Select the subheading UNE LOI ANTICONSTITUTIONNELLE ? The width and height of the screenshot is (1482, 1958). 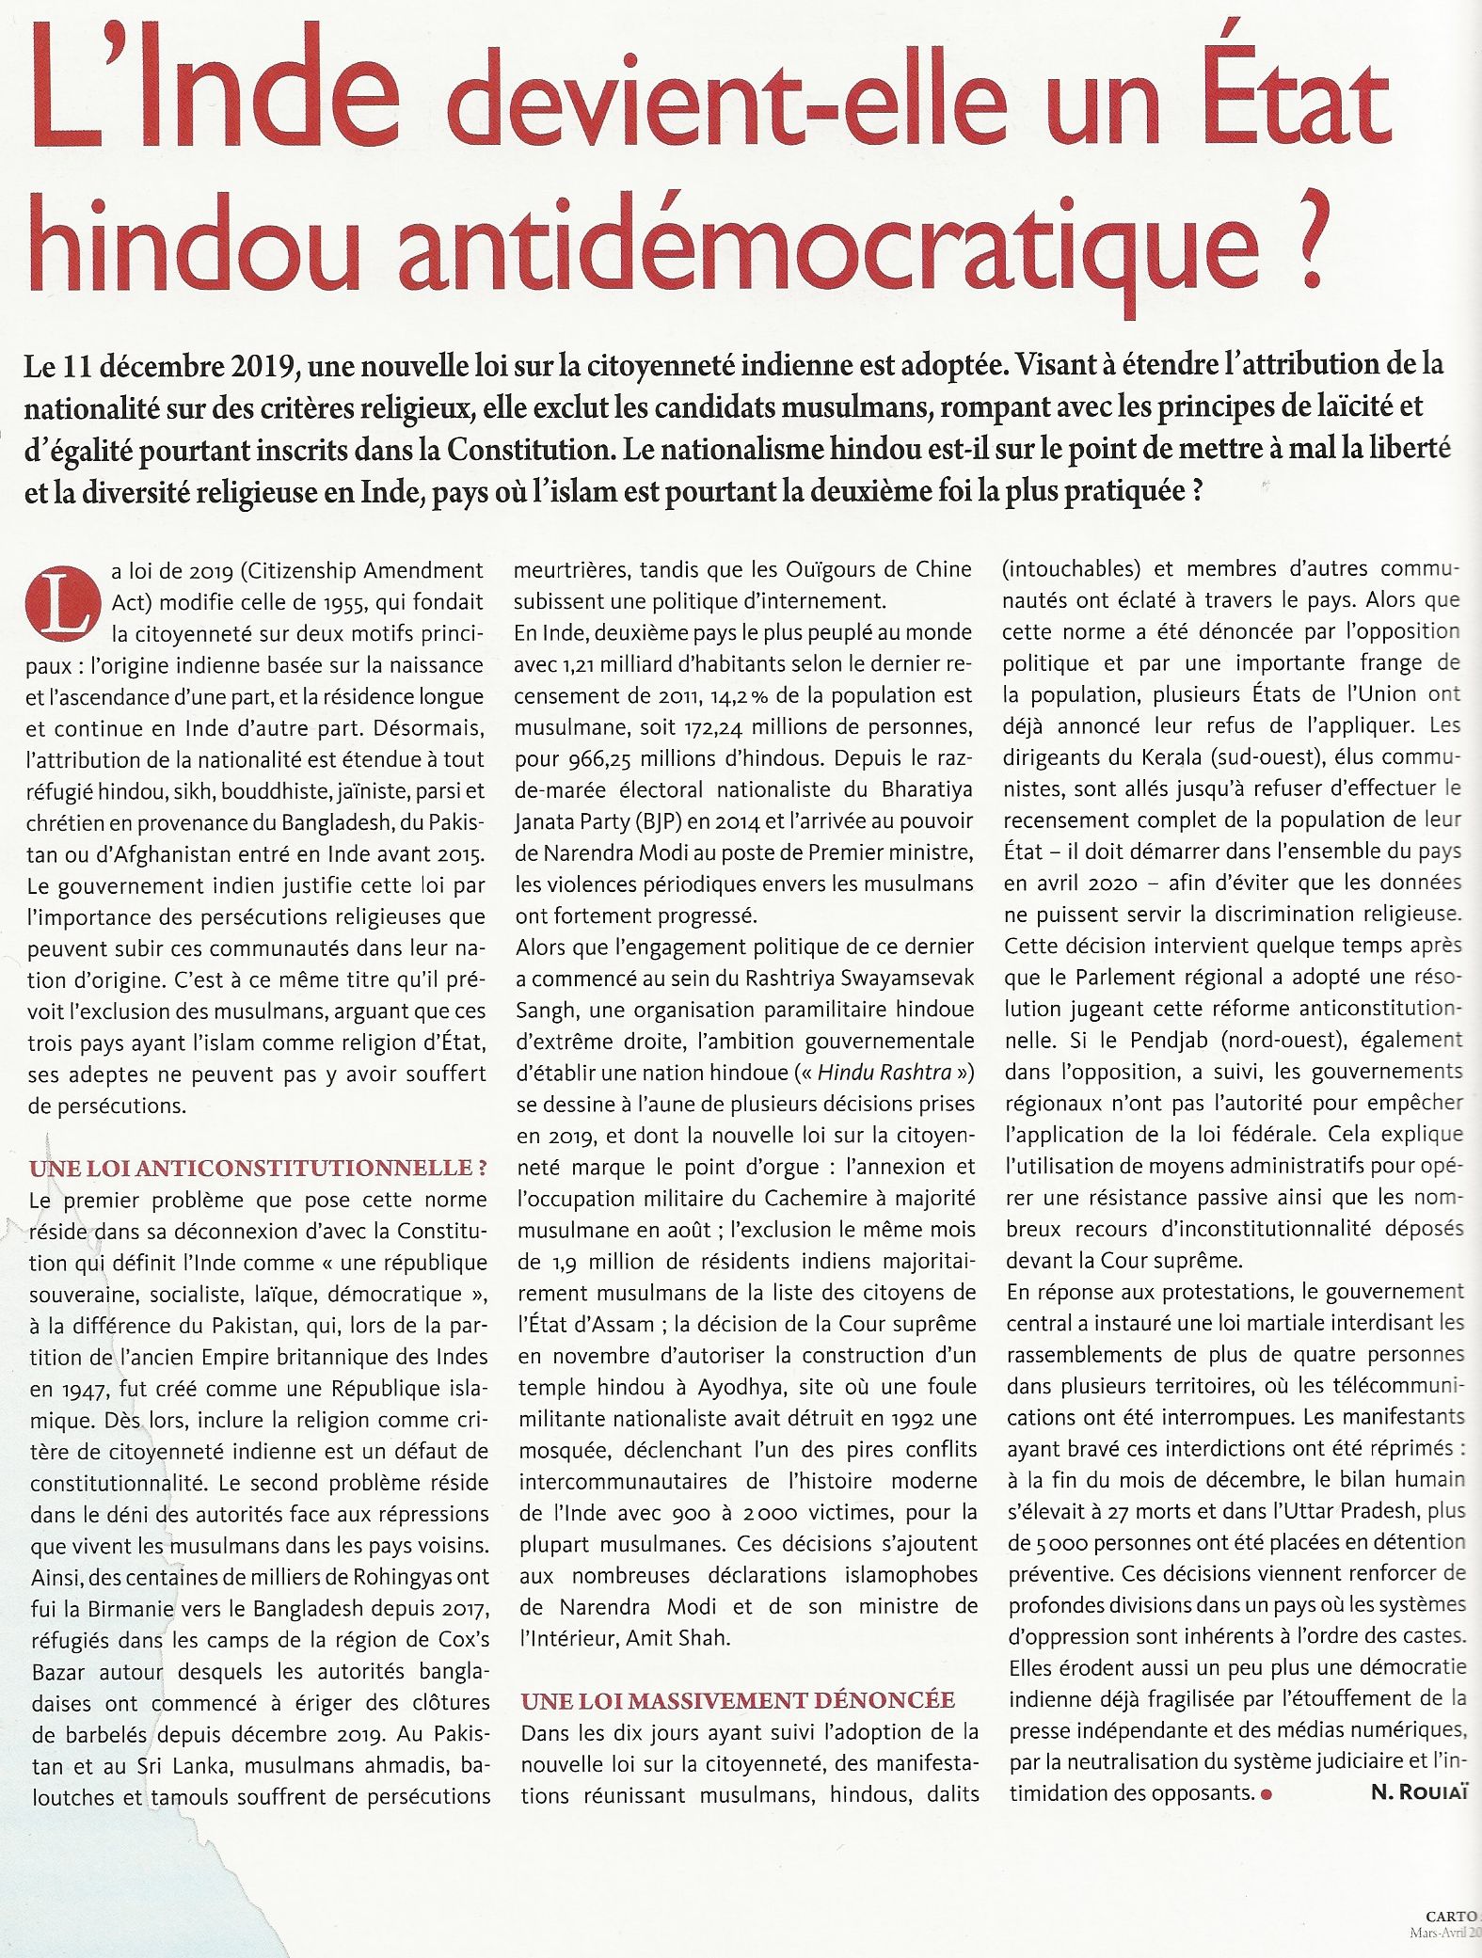(x=258, y=1169)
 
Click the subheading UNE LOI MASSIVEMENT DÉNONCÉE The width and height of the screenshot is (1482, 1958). (x=738, y=1700)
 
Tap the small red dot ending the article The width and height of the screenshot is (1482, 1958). (x=1266, y=1794)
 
